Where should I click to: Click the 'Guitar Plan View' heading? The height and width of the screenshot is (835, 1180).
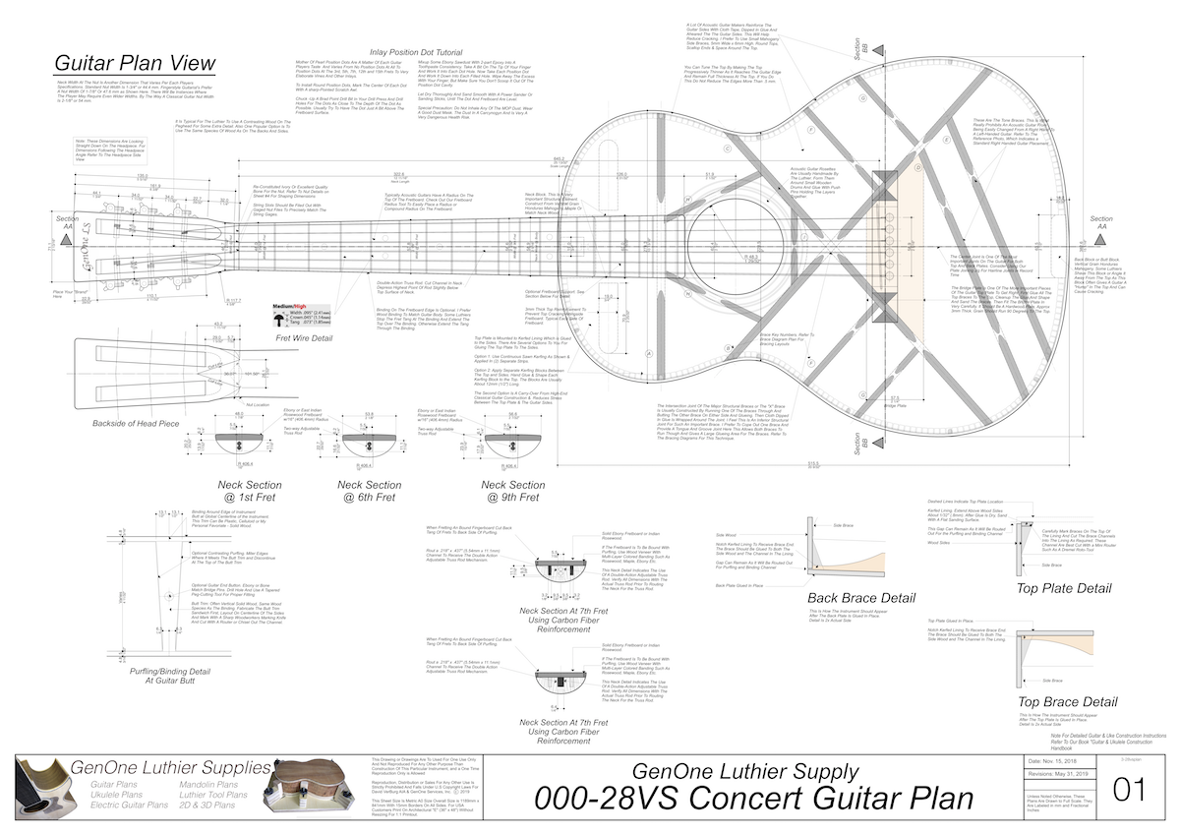134,65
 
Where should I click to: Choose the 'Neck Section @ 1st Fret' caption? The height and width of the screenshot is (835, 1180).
249,491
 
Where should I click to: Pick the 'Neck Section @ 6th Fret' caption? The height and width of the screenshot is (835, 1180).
370,491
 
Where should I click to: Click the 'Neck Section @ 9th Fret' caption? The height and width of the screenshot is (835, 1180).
513,491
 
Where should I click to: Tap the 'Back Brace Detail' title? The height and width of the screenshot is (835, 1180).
861,597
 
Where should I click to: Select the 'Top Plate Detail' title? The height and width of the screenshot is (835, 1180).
1065,588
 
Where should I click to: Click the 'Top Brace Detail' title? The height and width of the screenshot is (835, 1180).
1068,701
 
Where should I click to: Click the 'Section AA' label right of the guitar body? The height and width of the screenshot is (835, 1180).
1101,224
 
